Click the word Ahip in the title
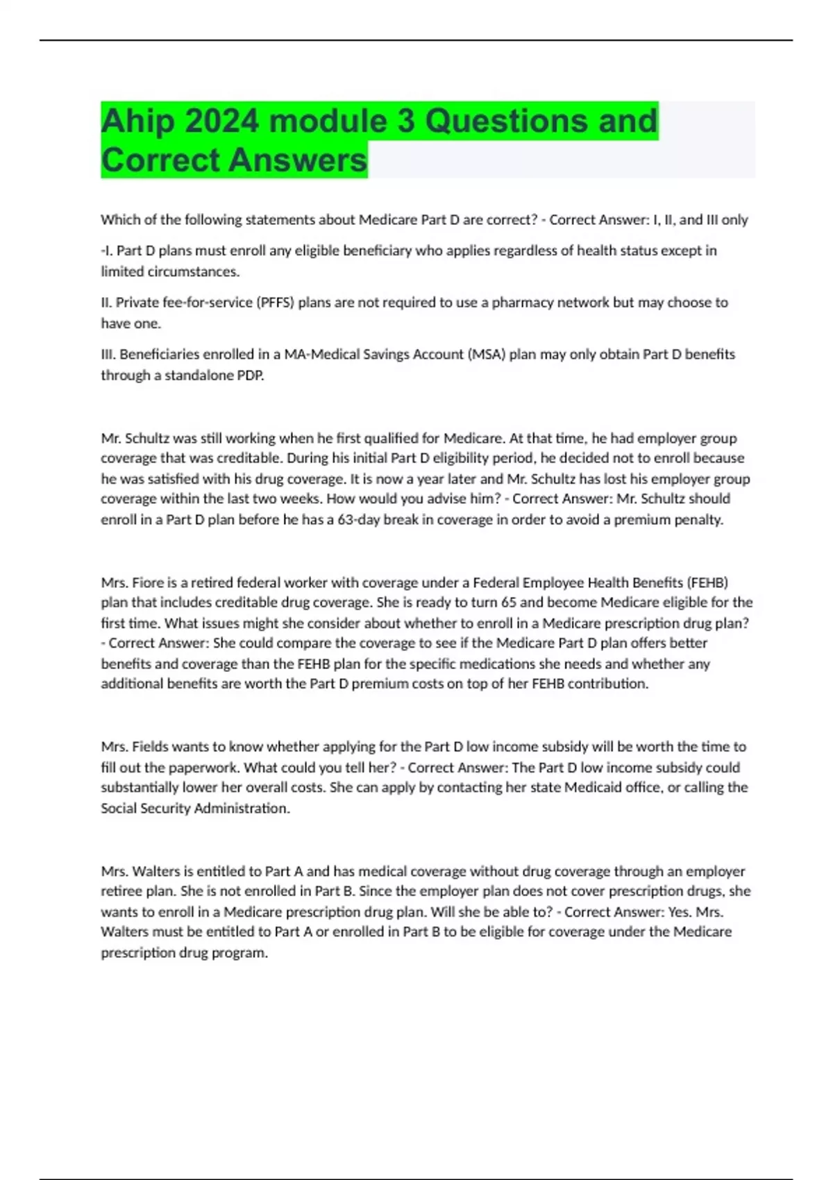[x=137, y=122]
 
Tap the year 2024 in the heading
[x=222, y=121]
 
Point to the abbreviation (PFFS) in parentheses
[x=275, y=303]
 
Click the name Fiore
[x=147, y=583]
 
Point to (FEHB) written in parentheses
[x=707, y=583]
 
